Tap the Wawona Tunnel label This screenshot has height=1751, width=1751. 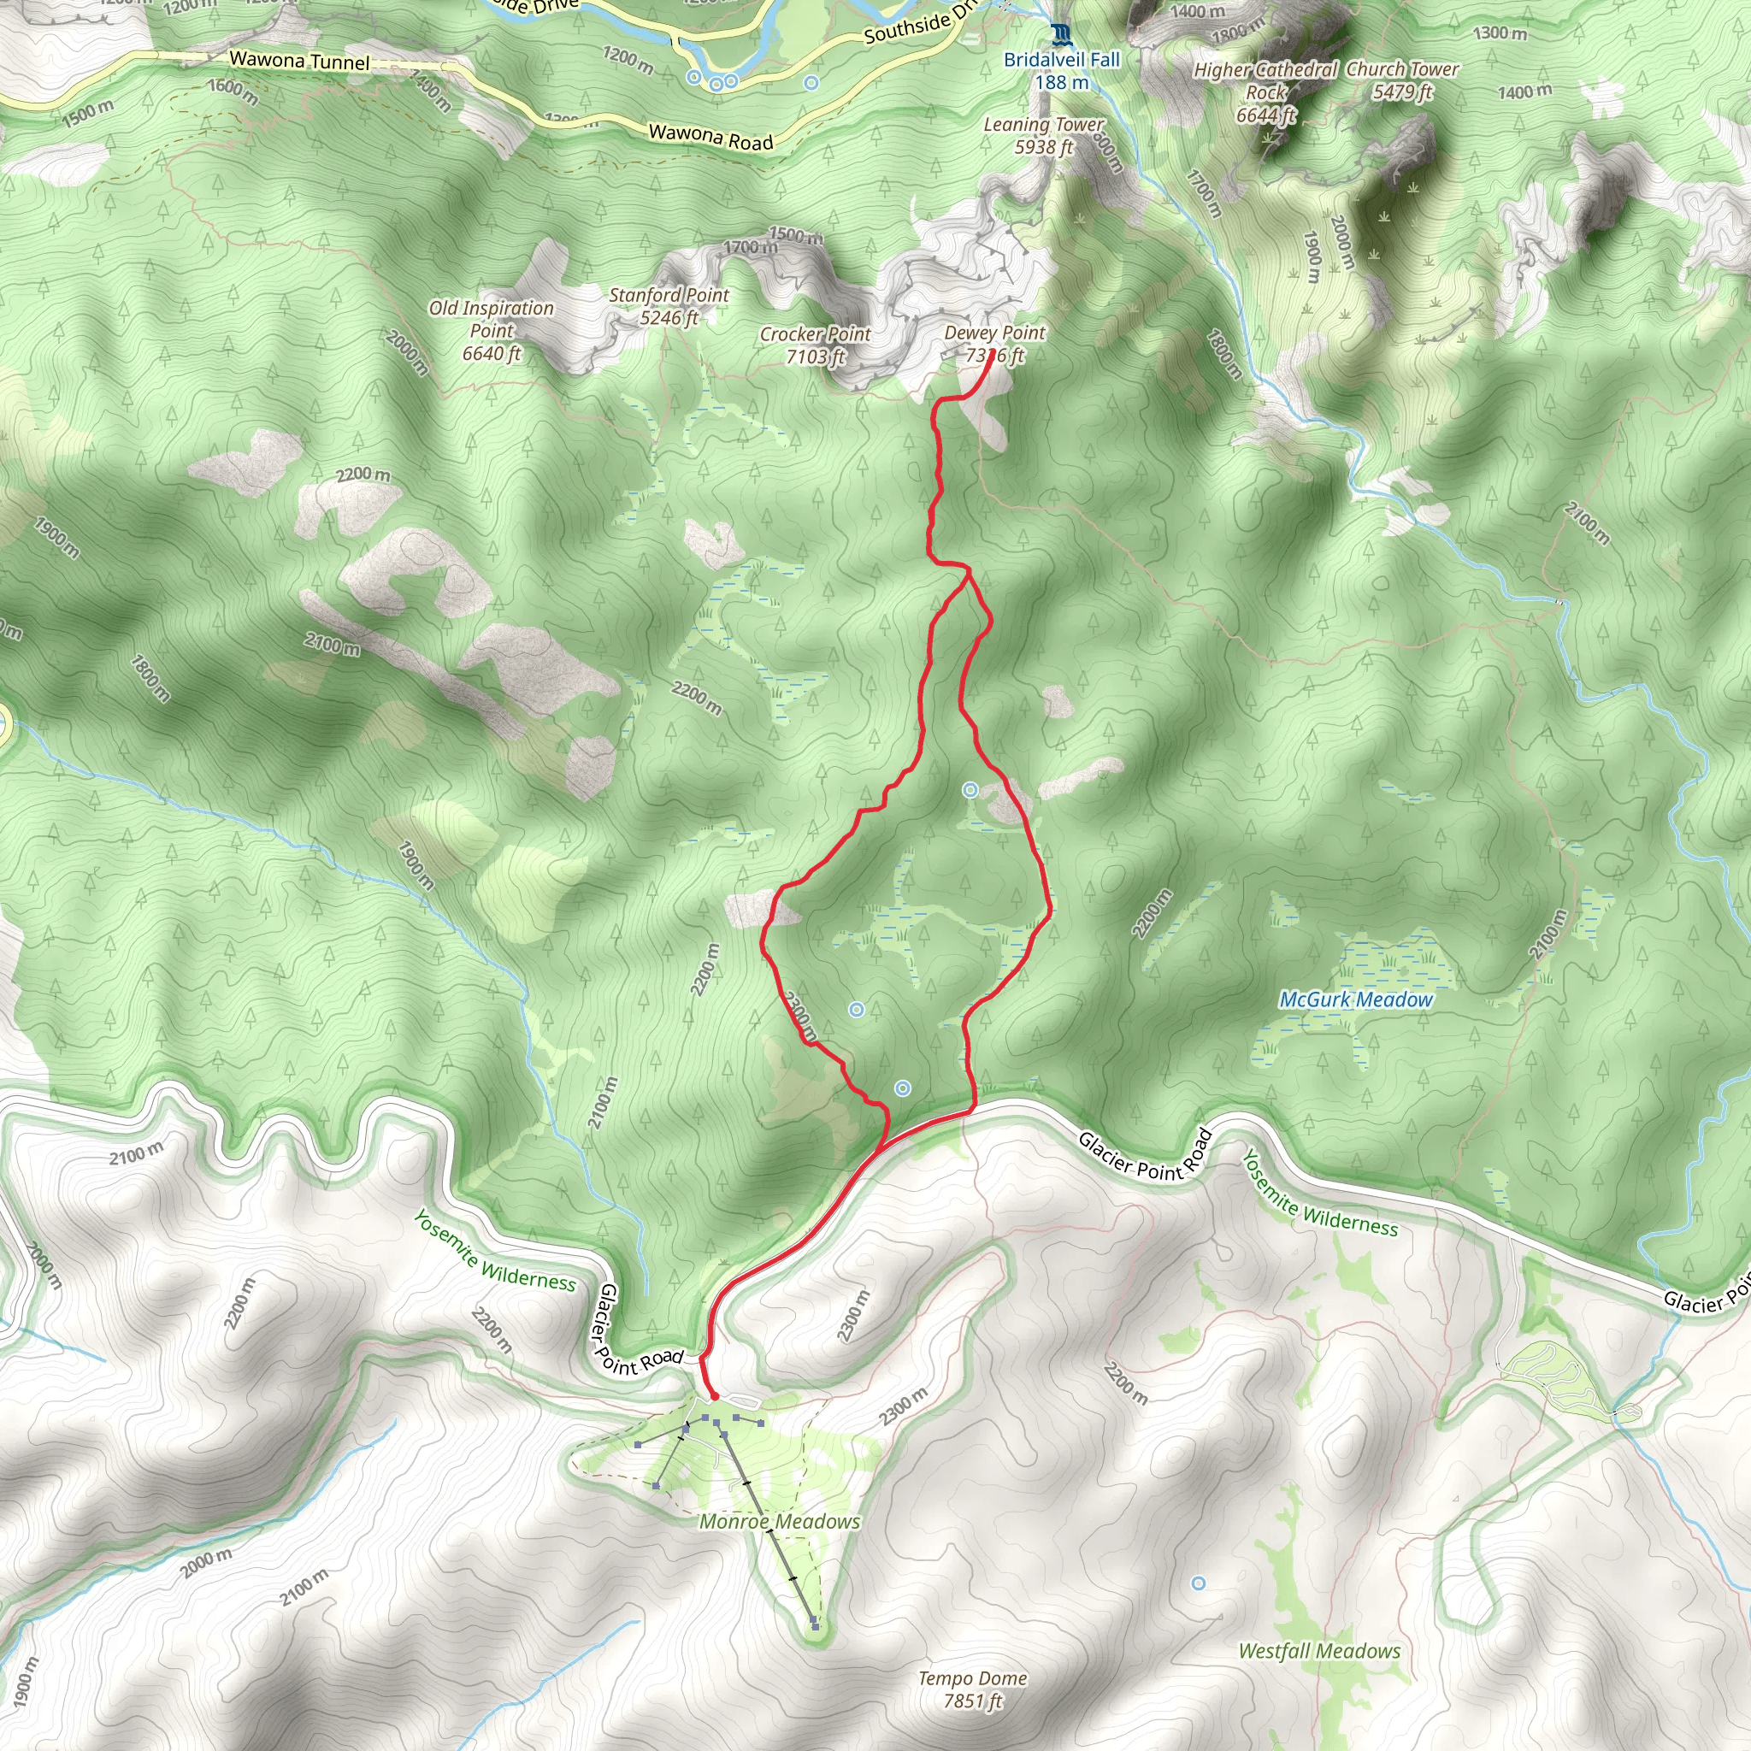coord(299,61)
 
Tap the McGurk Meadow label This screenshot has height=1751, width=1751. coord(1355,999)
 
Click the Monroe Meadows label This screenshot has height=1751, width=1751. coord(780,1522)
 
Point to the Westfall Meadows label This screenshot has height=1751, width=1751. coord(1318,1651)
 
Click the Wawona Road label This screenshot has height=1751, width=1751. coord(710,137)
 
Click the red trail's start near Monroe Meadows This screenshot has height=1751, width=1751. coord(714,1397)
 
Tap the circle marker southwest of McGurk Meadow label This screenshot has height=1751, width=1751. coord(902,1088)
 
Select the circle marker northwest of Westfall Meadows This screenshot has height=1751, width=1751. coord(1198,1583)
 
